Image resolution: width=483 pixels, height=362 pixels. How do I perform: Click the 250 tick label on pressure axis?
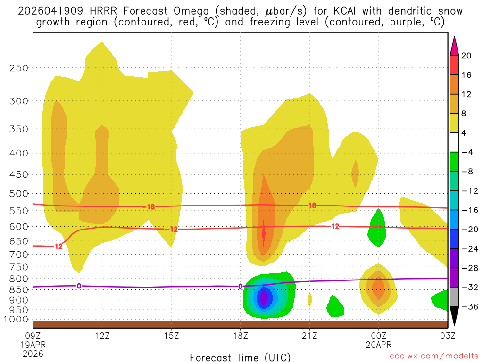coord(19,68)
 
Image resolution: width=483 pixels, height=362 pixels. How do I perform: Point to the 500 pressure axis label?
coord(19,194)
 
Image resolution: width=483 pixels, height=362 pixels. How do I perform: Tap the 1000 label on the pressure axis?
coord(17,319)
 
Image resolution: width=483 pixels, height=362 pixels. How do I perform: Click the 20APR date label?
coord(378,344)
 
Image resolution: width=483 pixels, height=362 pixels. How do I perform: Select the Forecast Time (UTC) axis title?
coord(240,357)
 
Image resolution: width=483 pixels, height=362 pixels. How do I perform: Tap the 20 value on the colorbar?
coord(466,56)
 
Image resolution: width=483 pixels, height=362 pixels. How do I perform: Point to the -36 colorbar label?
coord(468,307)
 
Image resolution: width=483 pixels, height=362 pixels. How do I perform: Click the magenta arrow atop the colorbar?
coord(454,45)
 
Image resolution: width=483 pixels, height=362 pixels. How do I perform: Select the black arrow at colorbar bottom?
coord(454,317)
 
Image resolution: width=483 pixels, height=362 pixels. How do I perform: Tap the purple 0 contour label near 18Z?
coord(240,286)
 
